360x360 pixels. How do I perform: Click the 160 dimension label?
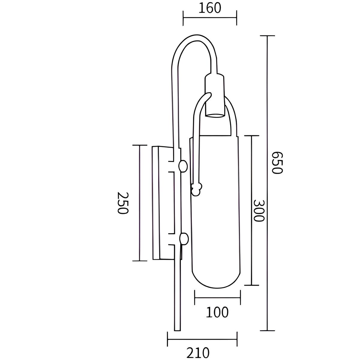(x=210, y=8)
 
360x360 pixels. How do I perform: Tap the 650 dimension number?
(x=277, y=163)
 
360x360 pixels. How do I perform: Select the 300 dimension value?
(x=259, y=211)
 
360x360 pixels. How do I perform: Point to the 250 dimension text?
(x=123, y=203)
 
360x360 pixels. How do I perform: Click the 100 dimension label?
(x=217, y=312)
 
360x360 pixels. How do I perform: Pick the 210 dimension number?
(x=198, y=353)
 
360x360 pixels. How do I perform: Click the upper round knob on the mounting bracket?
(x=183, y=166)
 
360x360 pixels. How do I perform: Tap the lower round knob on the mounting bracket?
(x=184, y=239)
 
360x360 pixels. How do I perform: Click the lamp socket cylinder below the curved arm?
(x=214, y=96)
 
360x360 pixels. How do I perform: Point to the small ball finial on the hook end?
(x=196, y=189)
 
